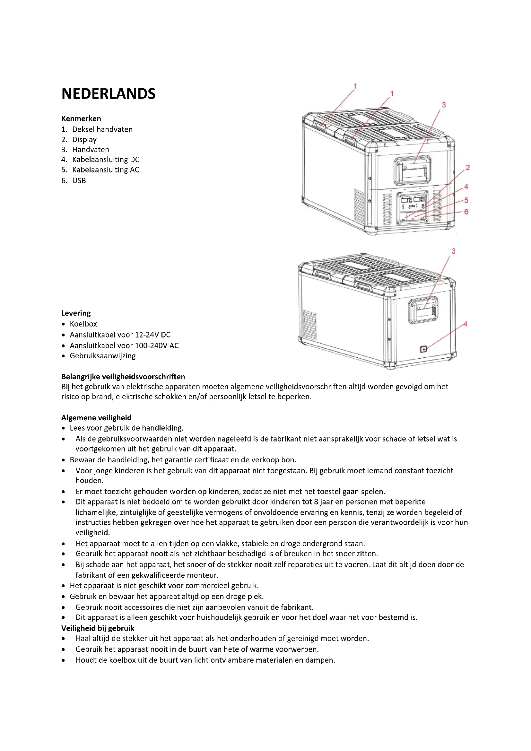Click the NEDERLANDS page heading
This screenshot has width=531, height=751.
pyautogui.click(x=108, y=94)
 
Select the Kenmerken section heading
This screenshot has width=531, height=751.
pyautogui.click(x=81, y=118)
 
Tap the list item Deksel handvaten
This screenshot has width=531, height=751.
pyautogui.click(x=102, y=129)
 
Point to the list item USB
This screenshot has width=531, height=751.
pyautogui.click(x=79, y=180)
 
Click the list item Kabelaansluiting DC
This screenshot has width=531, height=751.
pyautogui.click(x=106, y=160)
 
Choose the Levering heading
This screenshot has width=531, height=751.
pyautogui.click(x=76, y=313)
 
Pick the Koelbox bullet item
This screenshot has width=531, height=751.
pyautogui.click(x=83, y=324)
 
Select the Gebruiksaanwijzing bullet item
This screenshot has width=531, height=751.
pyautogui.click(x=103, y=356)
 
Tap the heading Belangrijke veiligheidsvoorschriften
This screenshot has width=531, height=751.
pyautogui.click(x=123, y=377)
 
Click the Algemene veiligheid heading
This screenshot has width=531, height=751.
pyautogui.click(x=96, y=418)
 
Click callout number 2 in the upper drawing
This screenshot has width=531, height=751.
pyautogui.click(x=467, y=168)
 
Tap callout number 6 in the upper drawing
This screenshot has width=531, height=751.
pyautogui.click(x=466, y=212)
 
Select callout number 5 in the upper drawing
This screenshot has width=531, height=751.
pyautogui.click(x=466, y=200)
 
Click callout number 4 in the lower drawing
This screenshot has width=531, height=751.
pyautogui.click(x=465, y=324)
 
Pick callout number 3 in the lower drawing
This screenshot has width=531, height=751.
pyautogui.click(x=454, y=251)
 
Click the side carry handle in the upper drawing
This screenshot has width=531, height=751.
pyautogui.click(x=412, y=170)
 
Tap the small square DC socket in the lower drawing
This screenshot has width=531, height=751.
pyautogui.click(x=423, y=349)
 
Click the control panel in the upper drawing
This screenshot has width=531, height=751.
pyautogui.click(x=412, y=207)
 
